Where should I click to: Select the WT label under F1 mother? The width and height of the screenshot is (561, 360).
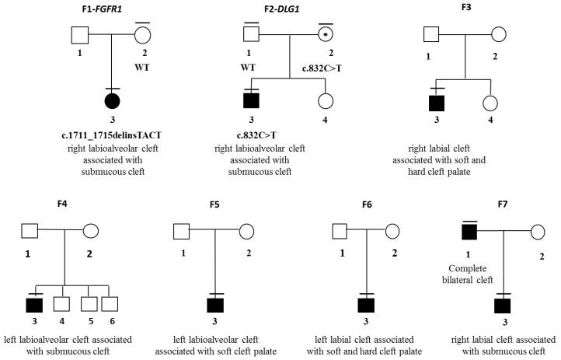coord(141,66)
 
